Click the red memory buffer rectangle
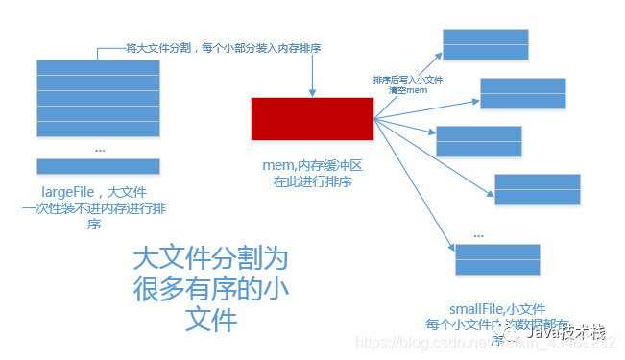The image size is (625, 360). [x=312, y=119]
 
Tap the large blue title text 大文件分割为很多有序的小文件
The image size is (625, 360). [x=210, y=289]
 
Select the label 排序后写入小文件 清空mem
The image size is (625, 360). [x=406, y=84]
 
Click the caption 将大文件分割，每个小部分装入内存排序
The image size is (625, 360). [x=224, y=48]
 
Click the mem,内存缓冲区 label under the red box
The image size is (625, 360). [x=312, y=165]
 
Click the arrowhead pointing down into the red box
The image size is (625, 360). [x=312, y=92]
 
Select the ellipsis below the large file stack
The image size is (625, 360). [x=101, y=149]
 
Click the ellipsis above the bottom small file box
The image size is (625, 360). [x=479, y=233]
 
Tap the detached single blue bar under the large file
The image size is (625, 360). [x=98, y=166]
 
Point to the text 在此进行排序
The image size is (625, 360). [x=312, y=181]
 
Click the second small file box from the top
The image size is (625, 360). [x=523, y=93]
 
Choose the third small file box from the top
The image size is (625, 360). [x=479, y=141]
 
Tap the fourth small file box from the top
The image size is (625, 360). [x=537, y=189]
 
